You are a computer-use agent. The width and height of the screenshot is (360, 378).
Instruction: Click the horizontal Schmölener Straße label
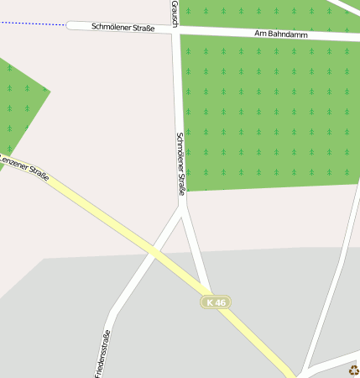(123, 27)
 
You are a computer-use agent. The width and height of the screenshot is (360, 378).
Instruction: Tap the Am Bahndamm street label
(282, 34)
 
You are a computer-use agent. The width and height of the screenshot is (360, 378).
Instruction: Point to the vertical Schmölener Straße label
(180, 165)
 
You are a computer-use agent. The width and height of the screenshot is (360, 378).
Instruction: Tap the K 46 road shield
(216, 302)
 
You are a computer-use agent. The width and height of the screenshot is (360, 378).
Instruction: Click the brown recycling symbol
(353, 370)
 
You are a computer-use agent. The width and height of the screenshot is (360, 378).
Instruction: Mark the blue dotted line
(34, 24)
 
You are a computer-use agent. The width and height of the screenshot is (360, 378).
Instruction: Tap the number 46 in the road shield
(220, 302)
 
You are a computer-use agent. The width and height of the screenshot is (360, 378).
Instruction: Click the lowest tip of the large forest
(186, 191)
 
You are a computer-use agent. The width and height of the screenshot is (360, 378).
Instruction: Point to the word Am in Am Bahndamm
(260, 34)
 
